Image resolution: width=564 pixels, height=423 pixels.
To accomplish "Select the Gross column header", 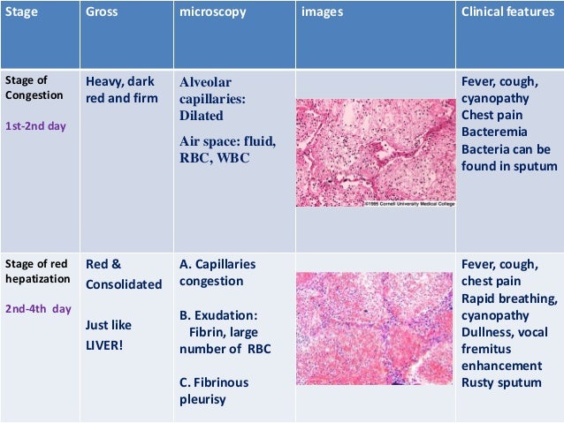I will [x=102, y=14].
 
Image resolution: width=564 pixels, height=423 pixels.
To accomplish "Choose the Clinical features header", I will [x=507, y=14].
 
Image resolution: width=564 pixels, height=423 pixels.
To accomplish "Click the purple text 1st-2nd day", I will [x=35, y=125].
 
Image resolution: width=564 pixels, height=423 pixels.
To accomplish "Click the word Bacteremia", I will [x=493, y=132].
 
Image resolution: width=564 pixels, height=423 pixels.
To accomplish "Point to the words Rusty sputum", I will [x=500, y=382].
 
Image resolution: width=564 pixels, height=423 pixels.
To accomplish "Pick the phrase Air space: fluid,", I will [x=227, y=141].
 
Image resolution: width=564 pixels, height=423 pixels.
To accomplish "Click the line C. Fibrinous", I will [x=214, y=382].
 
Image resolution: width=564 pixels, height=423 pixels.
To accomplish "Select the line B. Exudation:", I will [x=218, y=314].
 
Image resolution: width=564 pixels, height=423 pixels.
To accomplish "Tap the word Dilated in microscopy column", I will [x=201, y=116].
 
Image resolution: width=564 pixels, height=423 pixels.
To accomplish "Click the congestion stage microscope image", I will [x=376, y=152].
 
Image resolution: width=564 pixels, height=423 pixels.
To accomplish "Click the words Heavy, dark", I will [x=120, y=82].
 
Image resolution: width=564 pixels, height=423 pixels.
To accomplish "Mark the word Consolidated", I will [x=124, y=284].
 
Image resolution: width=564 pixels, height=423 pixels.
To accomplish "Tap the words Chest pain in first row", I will [x=492, y=116].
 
